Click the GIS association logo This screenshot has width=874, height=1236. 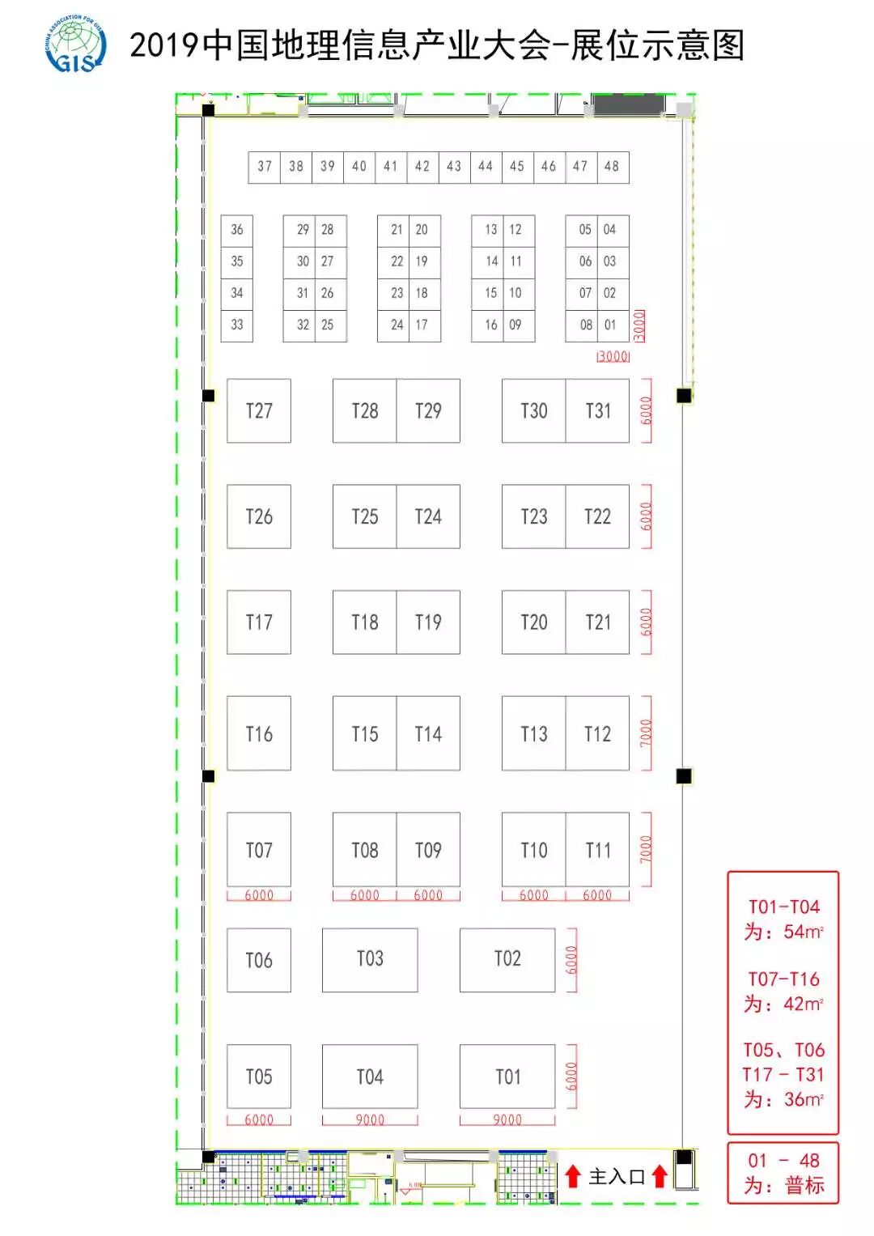[75, 44]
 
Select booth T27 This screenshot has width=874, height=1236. [259, 410]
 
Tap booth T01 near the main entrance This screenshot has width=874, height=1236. [507, 1077]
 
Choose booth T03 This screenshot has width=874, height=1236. [370, 959]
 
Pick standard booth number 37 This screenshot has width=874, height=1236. [265, 167]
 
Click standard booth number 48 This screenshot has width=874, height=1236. [612, 167]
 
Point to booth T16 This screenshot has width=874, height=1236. [259, 733]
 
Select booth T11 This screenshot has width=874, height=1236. [597, 850]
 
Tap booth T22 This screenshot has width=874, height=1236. [597, 516]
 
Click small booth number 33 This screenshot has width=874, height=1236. [236, 325]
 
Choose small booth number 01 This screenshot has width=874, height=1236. [610, 325]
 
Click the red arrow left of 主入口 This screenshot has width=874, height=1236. [573, 1176]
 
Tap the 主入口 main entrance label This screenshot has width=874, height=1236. [616, 1176]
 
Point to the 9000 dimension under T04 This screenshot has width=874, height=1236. [370, 1120]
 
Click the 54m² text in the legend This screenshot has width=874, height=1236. [802, 932]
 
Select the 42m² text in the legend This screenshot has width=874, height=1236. [802, 1004]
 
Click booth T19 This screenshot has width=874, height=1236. [428, 622]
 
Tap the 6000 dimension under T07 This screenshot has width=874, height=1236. [259, 895]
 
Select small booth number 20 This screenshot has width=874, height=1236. [422, 230]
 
